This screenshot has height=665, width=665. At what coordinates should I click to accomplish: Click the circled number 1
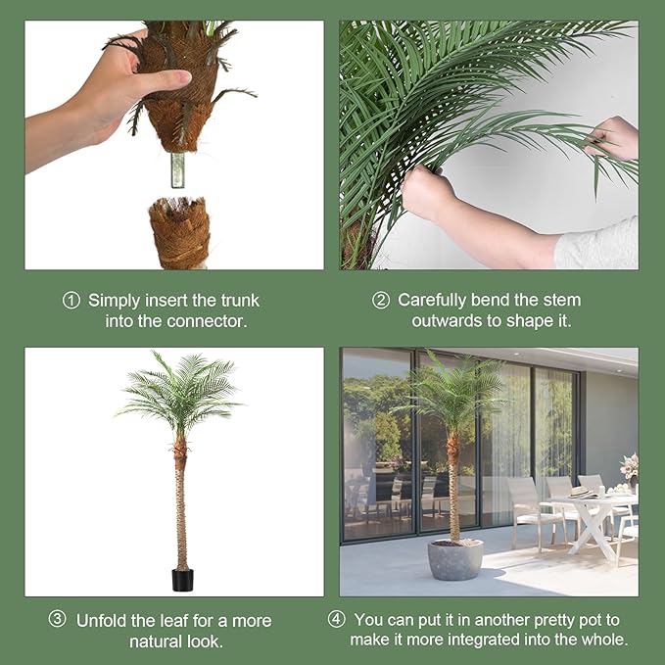(71, 301)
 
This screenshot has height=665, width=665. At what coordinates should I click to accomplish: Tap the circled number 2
(381, 301)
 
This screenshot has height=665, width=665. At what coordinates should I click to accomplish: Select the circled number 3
(57, 619)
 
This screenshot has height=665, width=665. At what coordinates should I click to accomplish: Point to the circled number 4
(337, 619)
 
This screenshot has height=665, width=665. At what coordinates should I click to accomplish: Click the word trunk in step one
(240, 301)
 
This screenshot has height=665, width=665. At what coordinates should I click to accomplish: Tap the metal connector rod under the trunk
(177, 169)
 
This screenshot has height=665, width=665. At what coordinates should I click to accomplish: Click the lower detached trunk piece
(180, 233)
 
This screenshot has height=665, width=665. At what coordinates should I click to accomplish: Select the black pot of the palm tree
(182, 580)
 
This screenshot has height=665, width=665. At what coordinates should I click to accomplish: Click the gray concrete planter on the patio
(455, 560)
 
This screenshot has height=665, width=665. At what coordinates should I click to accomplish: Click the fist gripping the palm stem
(427, 192)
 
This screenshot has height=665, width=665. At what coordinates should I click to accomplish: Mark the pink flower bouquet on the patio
(630, 466)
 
